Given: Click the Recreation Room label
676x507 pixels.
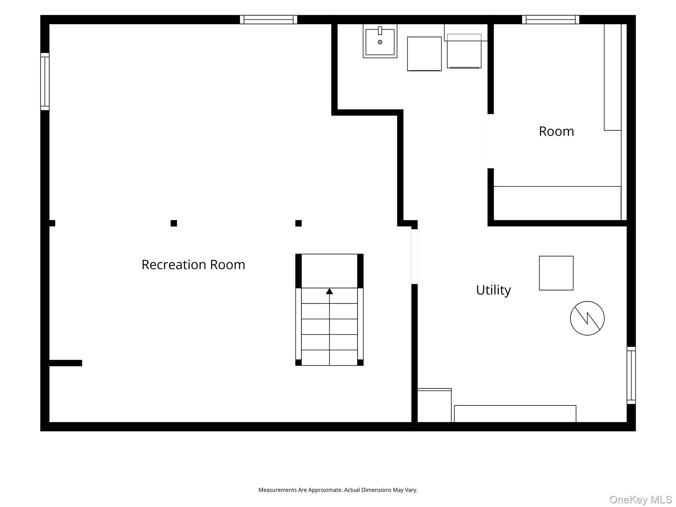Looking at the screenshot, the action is click(193, 265).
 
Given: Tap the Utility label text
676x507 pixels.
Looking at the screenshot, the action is click(493, 290).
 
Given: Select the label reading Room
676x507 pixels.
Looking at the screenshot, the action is click(556, 131).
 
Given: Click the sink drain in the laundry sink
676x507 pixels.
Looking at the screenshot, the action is click(380, 42).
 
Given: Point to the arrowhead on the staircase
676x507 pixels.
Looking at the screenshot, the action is click(329, 291).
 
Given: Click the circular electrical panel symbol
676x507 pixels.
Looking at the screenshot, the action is click(587, 318).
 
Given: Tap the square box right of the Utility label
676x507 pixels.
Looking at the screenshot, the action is click(556, 273).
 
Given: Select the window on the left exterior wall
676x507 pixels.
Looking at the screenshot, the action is click(45, 82).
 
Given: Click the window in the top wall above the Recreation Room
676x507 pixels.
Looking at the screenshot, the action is click(268, 19).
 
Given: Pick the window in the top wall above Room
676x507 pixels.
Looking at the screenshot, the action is click(550, 19).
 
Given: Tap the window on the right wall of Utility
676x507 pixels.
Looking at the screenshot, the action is click(631, 375).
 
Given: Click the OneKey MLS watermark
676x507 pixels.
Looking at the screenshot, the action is click(640, 499).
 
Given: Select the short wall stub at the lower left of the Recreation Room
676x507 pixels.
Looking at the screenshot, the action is click(65, 363).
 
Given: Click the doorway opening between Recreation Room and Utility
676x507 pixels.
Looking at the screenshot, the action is click(415, 256).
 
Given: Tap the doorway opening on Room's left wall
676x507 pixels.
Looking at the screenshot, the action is click(491, 141).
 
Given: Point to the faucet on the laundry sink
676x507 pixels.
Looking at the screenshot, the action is click(380, 31).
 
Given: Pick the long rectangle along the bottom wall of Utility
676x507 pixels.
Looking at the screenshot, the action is click(515, 414).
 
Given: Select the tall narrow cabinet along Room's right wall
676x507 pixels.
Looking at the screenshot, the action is click(613, 77).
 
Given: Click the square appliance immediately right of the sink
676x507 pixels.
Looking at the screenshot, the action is click(424, 54).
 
